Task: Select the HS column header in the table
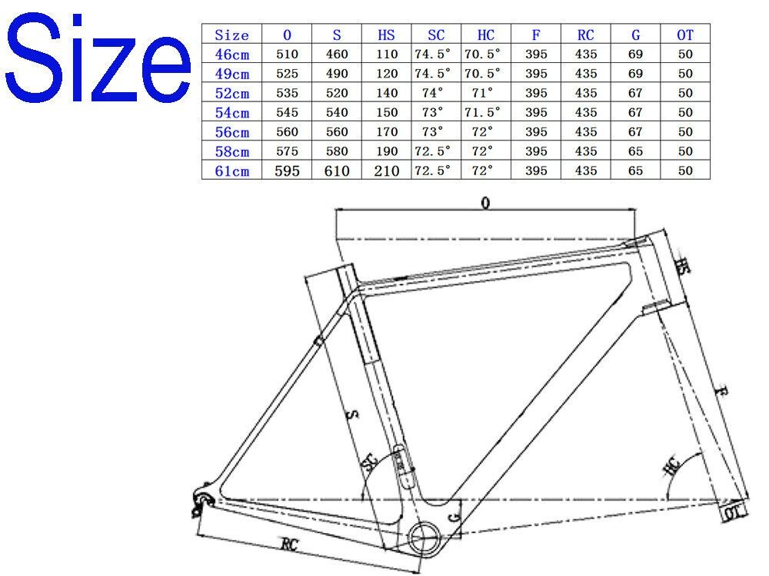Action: click(387, 35)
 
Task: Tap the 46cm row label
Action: click(232, 55)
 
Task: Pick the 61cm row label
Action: click(232, 170)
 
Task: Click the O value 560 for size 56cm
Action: click(287, 132)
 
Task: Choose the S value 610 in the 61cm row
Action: click(337, 170)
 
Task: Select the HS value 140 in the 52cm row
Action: click(387, 93)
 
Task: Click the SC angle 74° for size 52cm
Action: click(436, 93)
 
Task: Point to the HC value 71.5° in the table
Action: click(485, 113)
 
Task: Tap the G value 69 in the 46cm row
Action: click(634, 55)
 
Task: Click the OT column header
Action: click(684, 35)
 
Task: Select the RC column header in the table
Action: click(585, 35)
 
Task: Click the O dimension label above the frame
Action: click(485, 203)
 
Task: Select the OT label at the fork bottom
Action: click(733, 511)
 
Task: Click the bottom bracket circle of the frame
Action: click(425, 535)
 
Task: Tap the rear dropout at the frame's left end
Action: click(202, 498)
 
